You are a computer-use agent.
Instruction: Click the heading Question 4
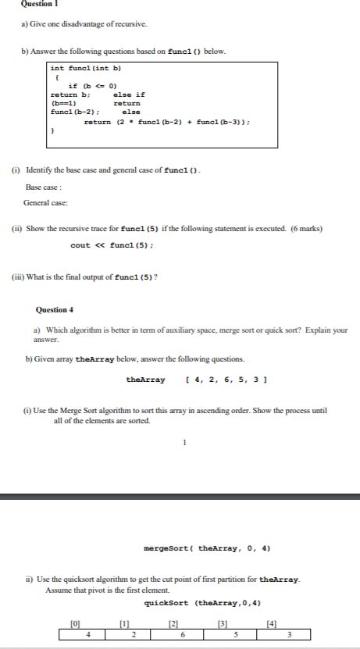coord(55,309)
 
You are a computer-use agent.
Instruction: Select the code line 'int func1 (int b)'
coord(85,68)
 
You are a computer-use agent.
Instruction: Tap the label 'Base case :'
coord(44,187)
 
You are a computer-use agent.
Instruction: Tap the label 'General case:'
coord(45,202)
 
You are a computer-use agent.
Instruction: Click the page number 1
coord(184,442)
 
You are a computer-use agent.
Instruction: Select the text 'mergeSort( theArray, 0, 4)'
coord(208,548)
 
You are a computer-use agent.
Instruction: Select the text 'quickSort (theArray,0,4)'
coord(202,603)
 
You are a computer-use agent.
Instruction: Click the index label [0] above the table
coord(75,622)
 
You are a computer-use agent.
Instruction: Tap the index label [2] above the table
coord(173,622)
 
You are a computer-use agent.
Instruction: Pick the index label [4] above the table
coord(271,622)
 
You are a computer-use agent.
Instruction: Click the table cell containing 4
coord(87,633)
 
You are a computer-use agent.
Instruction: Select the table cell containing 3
coord(288,633)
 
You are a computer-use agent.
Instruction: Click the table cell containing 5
coord(235,633)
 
